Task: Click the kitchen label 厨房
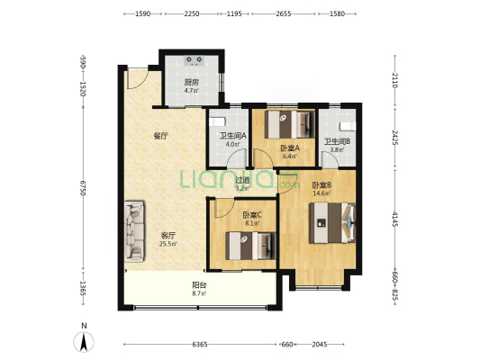click(191, 82)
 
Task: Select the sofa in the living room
click(134, 231)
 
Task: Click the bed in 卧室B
click(332, 222)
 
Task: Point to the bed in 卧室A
click(290, 124)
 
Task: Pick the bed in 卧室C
click(250, 246)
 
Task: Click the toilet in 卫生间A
click(217, 122)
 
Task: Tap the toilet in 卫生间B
click(348, 126)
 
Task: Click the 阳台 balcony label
click(199, 285)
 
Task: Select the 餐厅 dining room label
click(160, 136)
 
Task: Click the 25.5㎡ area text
click(168, 244)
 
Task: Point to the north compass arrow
click(84, 341)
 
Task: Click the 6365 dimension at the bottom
click(200, 345)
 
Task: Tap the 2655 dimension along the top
click(284, 13)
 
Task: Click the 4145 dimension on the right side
click(395, 220)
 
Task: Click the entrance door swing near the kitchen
click(138, 79)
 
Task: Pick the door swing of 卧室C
click(225, 208)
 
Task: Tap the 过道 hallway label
click(242, 181)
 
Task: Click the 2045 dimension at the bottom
click(320, 345)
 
